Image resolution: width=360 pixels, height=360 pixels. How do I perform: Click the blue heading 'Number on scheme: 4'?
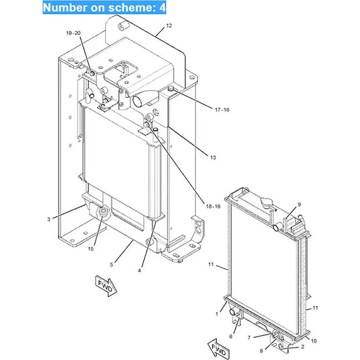click(104, 7)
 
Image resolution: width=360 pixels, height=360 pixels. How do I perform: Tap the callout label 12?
click(169, 26)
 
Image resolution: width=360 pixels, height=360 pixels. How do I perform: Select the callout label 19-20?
click(73, 33)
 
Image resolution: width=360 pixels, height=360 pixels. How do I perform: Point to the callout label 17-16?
click(222, 110)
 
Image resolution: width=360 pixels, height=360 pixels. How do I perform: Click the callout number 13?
click(213, 157)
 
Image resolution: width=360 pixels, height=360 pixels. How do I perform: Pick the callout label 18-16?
click(213, 207)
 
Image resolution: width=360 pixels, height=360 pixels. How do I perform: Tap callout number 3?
click(48, 219)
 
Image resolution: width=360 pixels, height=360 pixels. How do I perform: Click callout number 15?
click(91, 249)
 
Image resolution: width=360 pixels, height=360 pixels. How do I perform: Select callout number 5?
click(111, 264)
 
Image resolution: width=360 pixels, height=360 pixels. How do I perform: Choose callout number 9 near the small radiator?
click(299, 205)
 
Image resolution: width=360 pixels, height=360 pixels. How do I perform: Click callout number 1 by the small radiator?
click(217, 314)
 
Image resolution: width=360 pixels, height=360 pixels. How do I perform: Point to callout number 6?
click(231, 336)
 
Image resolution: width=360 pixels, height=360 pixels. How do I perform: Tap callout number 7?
click(249, 338)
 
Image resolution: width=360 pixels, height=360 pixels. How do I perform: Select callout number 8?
click(261, 351)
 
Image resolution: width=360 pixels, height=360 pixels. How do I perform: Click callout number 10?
click(314, 341)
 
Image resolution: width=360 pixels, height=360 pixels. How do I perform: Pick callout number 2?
click(303, 347)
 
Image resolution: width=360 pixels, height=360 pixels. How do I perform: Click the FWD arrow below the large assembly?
click(106, 286)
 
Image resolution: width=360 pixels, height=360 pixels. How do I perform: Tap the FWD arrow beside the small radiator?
click(218, 349)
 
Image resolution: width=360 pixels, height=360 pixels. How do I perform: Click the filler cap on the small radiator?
click(266, 202)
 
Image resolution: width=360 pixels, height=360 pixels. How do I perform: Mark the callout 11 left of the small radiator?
click(211, 264)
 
